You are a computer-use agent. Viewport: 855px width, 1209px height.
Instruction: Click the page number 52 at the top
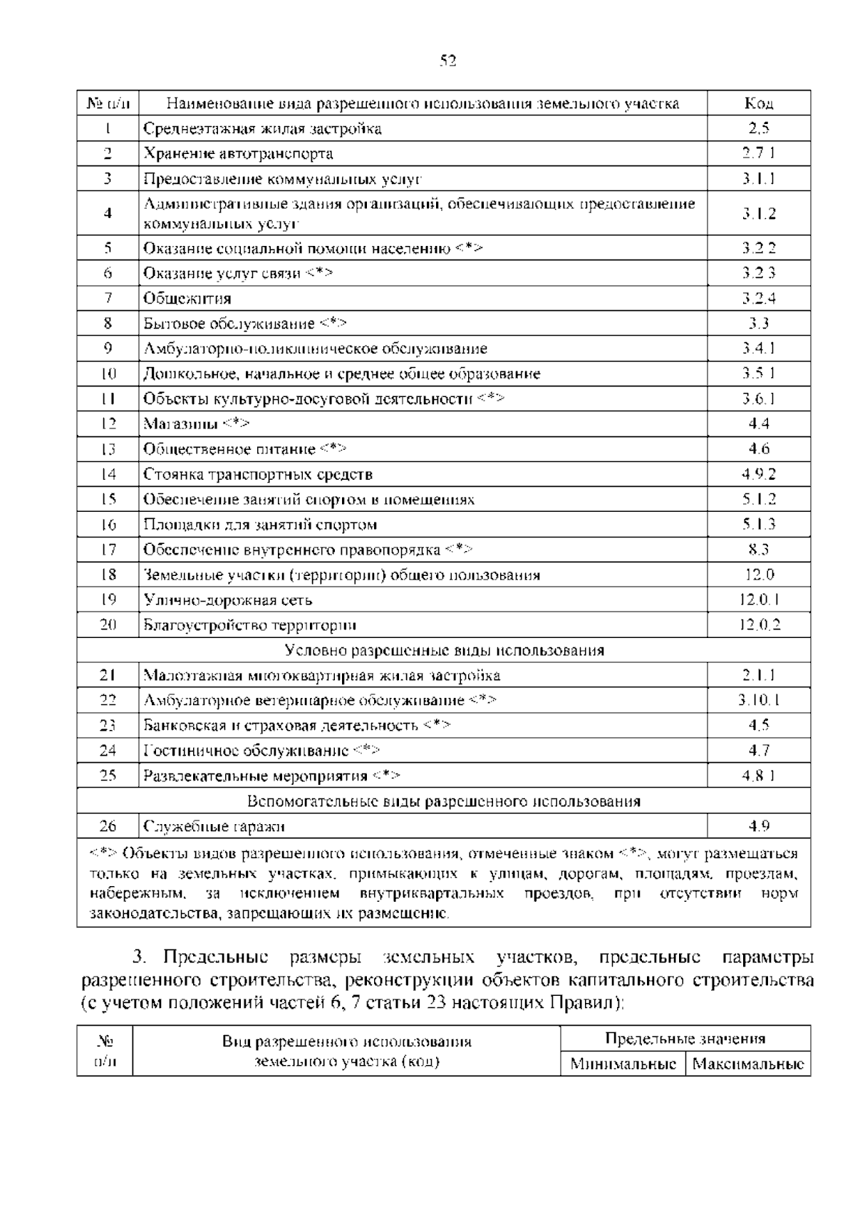pos(447,61)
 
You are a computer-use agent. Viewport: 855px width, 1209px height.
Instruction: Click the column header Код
pos(759,103)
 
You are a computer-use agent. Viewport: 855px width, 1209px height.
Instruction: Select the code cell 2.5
pos(759,128)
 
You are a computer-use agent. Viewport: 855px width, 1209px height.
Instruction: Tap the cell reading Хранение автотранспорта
pos(239,153)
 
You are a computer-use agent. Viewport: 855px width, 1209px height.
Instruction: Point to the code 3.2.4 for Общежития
pos(759,298)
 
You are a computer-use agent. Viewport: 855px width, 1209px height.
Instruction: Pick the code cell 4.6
pos(759,448)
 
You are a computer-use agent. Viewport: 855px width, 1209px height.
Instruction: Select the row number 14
pos(108,474)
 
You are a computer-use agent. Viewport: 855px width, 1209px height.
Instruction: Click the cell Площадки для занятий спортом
pos(260,525)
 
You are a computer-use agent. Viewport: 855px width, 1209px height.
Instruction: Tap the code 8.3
pos(759,549)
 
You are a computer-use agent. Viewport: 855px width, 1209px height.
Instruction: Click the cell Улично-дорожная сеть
pos(228,600)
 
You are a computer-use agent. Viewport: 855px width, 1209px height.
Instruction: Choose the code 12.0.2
pos(760,624)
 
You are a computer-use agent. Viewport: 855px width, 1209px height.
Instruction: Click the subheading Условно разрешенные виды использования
pos(444,650)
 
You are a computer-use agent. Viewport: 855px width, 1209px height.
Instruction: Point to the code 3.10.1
pos(759,700)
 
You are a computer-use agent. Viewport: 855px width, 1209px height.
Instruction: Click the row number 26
pos(108,826)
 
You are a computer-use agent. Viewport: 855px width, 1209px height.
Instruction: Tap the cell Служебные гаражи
pos(214,826)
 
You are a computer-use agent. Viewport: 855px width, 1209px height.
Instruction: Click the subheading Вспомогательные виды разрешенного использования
pos(444,801)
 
